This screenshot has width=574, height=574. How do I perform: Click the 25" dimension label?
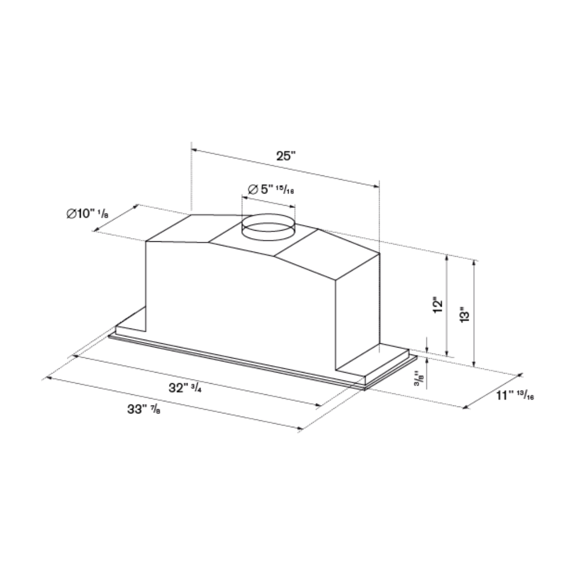point(285,156)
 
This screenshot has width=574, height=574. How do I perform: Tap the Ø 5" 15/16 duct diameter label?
point(271,189)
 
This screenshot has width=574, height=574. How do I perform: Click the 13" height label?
point(466,315)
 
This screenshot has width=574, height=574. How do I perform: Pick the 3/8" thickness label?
point(420,378)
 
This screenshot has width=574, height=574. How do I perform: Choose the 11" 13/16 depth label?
point(515,395)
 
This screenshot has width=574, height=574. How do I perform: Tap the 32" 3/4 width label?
point(185,388)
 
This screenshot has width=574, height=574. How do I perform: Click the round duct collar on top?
point(268,227)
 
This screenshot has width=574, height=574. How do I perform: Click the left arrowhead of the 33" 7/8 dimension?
point(48,378)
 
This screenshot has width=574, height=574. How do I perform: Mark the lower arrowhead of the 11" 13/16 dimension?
point(466,407)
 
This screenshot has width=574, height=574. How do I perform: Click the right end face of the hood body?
point(357,314)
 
